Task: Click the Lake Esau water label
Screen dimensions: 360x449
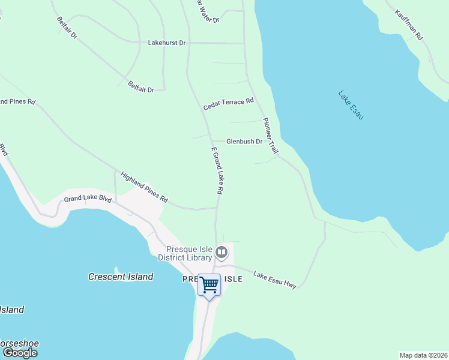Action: (x=351, y=104)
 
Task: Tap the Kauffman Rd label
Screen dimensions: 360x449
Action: (x=409, y=25)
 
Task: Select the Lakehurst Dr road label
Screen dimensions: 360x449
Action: (x=167, y=43)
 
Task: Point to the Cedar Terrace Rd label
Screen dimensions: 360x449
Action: (x=228, y=104)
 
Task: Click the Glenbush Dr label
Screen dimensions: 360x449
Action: (x=244, y=142)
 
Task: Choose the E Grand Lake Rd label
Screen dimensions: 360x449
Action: (x=217, y=170)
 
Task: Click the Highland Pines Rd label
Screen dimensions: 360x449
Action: (x=144, y=187)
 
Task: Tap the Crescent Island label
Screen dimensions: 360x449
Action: (x=121, y=277)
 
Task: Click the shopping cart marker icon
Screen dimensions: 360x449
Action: (x=209, y=284)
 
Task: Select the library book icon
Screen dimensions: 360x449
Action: (x=221, y=253)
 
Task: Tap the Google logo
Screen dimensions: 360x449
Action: (x=20, y=353)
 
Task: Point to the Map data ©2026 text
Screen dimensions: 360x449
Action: (x=423, y=355)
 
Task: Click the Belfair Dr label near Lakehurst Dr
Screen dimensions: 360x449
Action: (x=68, y=28)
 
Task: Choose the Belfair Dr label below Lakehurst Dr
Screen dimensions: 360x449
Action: (x=141, y=86)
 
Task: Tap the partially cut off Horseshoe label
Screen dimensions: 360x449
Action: (x=19, y=344)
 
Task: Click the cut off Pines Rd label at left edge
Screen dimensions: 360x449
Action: (x=17, y=101)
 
